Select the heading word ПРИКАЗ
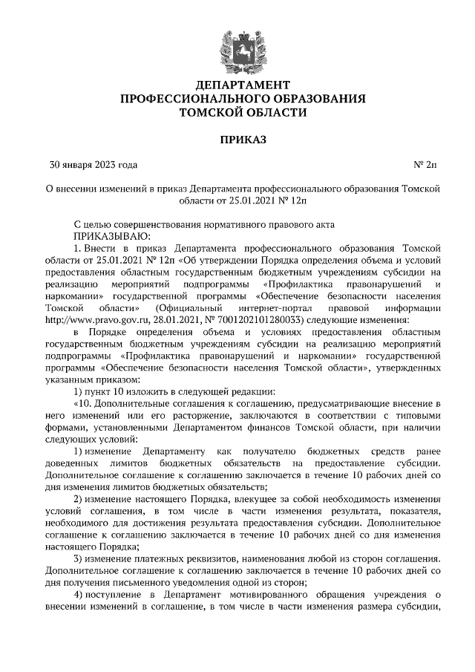(237, 139)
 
